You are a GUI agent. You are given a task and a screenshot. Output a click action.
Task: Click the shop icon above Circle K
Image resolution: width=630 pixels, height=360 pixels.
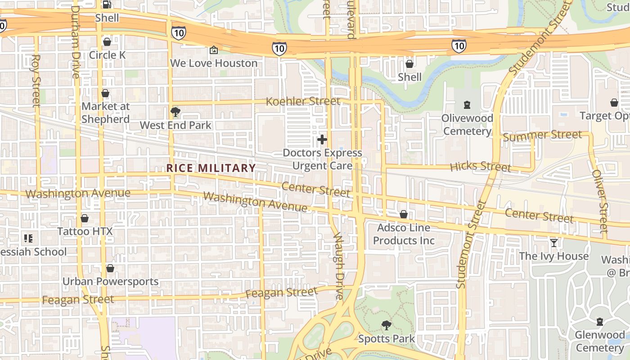tap(107, 42)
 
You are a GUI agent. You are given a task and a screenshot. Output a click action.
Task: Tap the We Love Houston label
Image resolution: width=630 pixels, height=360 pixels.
tap(214, 63)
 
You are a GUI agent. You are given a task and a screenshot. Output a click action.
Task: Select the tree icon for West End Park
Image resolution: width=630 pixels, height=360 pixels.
tap(175, 112)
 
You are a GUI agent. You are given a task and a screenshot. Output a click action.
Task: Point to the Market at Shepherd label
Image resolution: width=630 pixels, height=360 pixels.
tap(105, 112)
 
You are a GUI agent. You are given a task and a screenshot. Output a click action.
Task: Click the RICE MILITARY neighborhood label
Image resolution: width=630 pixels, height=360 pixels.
tap(211, 168)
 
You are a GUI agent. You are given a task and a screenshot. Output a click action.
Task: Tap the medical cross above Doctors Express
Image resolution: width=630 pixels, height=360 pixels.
tap(322, 139)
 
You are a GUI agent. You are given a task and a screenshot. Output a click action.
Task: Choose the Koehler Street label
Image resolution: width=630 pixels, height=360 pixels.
tap(303, 101)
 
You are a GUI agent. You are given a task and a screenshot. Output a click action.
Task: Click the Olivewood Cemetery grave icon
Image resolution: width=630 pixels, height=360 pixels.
tap(467, 105)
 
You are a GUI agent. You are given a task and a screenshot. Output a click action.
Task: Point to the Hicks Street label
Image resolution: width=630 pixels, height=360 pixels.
tap(481, 166)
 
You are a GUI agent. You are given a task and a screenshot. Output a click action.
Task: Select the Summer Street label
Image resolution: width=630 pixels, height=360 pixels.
tap(542, 135)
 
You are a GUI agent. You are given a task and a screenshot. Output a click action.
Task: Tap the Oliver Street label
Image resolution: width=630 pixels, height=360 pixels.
tap(600, 201)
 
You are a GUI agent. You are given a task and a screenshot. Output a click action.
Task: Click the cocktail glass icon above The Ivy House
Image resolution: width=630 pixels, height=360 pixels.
tap(554, 243)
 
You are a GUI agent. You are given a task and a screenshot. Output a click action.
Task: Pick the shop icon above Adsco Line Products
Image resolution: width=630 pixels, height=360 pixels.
tap(404, 214)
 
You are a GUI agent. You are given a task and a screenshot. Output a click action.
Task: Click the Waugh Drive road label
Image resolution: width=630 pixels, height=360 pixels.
tap(338, 266)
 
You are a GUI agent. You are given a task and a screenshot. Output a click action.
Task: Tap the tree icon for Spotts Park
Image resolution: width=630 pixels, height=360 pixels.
tap(386, 325)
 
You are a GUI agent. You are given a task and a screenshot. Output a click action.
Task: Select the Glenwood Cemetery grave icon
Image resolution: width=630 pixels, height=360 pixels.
tap(600, 322)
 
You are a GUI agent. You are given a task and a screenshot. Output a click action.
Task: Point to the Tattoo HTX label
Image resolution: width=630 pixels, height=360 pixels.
tap(85, 231)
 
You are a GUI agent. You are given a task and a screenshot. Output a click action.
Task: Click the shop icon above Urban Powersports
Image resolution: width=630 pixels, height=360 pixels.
tap(110, 269)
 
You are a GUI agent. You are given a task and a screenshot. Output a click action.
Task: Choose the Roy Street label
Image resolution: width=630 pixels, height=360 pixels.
tap(36, 81)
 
